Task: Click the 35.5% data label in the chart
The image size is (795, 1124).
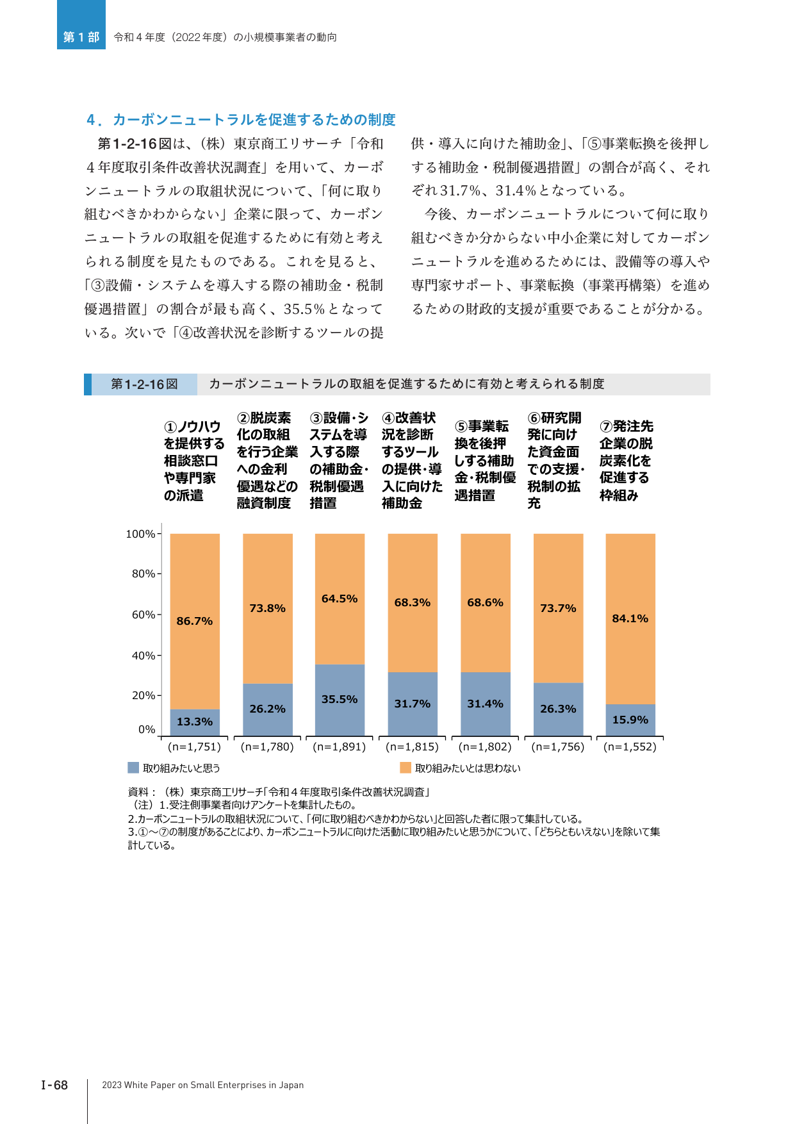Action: click(340, 699)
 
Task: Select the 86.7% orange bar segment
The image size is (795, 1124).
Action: click(195, 622)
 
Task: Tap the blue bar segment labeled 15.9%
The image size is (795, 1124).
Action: click(630, 720)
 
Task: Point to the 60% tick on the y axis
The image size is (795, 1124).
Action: click(159, 615)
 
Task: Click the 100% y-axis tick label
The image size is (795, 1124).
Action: click(140, 534)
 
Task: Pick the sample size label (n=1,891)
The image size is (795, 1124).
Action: click(340, 747)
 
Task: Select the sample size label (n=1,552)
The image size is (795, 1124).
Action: click(630, 747)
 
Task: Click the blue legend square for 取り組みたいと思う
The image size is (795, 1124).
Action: click(133, 768)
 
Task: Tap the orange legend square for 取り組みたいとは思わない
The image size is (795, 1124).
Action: click(406, 768)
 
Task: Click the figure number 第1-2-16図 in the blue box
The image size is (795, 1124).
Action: click(144, 384)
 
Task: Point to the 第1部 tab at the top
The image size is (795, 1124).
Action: click(81, 37)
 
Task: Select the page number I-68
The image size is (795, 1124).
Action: click(54, 1085)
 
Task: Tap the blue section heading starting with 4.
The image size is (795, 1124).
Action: click(241, 120)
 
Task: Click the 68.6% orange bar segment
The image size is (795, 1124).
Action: click(486, 603)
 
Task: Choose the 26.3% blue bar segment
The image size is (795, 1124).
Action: click(558, 709)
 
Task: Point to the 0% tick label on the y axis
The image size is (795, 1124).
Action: click(147, 729)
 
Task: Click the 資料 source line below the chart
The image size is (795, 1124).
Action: click(279, 792)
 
